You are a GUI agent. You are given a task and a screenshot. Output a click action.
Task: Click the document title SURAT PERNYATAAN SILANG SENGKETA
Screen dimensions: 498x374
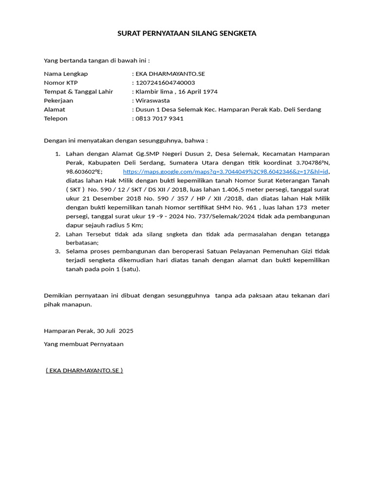(187, 34)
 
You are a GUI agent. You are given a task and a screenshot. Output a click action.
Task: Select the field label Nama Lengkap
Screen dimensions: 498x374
(66, 74)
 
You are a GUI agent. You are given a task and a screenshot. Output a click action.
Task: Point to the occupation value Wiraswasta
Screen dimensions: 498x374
(152, 101)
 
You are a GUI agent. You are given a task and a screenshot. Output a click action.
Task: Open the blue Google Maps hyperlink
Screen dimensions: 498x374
(226, 172)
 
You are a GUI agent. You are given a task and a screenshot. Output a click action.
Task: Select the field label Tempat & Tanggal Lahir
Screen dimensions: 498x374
(78, 91)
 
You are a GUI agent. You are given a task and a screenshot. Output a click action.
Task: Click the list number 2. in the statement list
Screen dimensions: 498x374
(57, 234)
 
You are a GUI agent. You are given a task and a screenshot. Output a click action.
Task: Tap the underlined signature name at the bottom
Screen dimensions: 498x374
(84, 370)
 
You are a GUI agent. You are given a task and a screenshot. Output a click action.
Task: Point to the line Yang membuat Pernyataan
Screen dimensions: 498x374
(84, 344)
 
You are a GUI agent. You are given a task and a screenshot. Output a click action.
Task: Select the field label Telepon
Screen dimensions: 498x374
(56, 118)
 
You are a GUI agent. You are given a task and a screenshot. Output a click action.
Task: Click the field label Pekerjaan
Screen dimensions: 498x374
(58, 101)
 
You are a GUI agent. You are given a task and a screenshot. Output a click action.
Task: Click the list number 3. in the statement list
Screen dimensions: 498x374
(57, 251)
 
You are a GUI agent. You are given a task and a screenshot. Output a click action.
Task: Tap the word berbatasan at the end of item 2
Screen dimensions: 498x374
(82, 243)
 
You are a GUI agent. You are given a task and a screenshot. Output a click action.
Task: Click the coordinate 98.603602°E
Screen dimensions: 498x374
(84, 172)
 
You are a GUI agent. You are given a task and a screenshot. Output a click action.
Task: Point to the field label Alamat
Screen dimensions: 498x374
(55, 109)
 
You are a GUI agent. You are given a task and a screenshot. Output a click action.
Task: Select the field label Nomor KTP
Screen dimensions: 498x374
(61, 83)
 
